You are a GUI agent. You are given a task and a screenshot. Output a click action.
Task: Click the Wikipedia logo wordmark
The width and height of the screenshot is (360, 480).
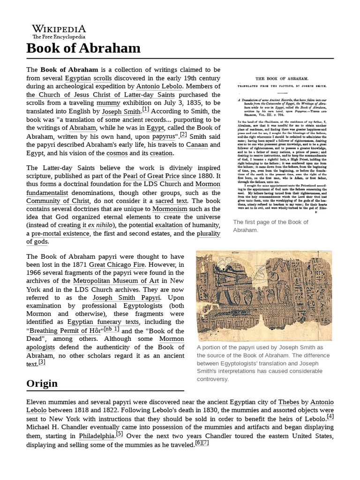(59, 29)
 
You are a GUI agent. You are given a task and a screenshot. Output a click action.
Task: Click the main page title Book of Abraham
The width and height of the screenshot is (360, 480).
(83, 48)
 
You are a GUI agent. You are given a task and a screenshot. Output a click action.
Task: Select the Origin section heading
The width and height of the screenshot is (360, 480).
(42, 383)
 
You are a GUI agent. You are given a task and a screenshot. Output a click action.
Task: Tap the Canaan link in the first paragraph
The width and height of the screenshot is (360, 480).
(197, 144)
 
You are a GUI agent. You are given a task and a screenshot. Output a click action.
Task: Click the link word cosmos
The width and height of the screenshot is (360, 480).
(117, 153)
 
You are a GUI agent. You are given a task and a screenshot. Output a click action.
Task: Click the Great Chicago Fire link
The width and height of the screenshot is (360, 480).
(117, 265)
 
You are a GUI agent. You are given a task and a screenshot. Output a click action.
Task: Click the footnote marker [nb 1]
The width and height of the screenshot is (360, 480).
(111, 329)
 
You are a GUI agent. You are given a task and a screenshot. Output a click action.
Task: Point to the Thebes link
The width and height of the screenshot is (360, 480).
(288, 402)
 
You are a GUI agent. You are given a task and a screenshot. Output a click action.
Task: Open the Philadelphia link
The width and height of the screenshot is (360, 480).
(97, 436)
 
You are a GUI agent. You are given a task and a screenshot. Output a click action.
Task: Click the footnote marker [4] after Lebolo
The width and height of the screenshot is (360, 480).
(330, 417)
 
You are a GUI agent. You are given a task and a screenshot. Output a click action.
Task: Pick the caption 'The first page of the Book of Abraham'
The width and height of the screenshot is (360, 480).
(270, 226)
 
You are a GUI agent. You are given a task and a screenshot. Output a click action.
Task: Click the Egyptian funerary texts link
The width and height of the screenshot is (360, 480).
(103, 322)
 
